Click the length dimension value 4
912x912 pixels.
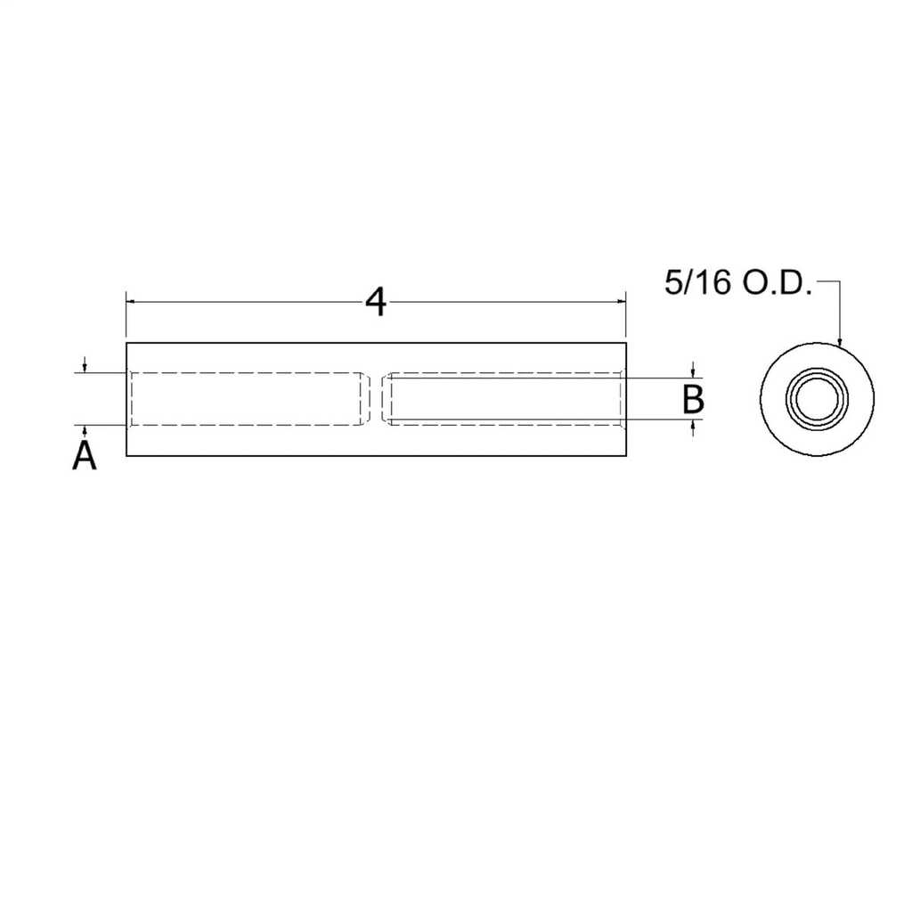[376, 304]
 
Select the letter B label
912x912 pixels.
[693, 400]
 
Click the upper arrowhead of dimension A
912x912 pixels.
[84, 368]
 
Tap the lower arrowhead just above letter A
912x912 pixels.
[84, 429]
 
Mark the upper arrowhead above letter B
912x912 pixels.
[693, 372]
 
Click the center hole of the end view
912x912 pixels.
[817, 398]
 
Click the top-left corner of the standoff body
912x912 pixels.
[126, 343]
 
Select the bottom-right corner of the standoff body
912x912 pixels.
[626, 456]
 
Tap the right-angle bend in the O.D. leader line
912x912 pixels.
[840, 283]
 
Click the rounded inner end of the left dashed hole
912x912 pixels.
[365, 398]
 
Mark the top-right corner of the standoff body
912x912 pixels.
[626, 343]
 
